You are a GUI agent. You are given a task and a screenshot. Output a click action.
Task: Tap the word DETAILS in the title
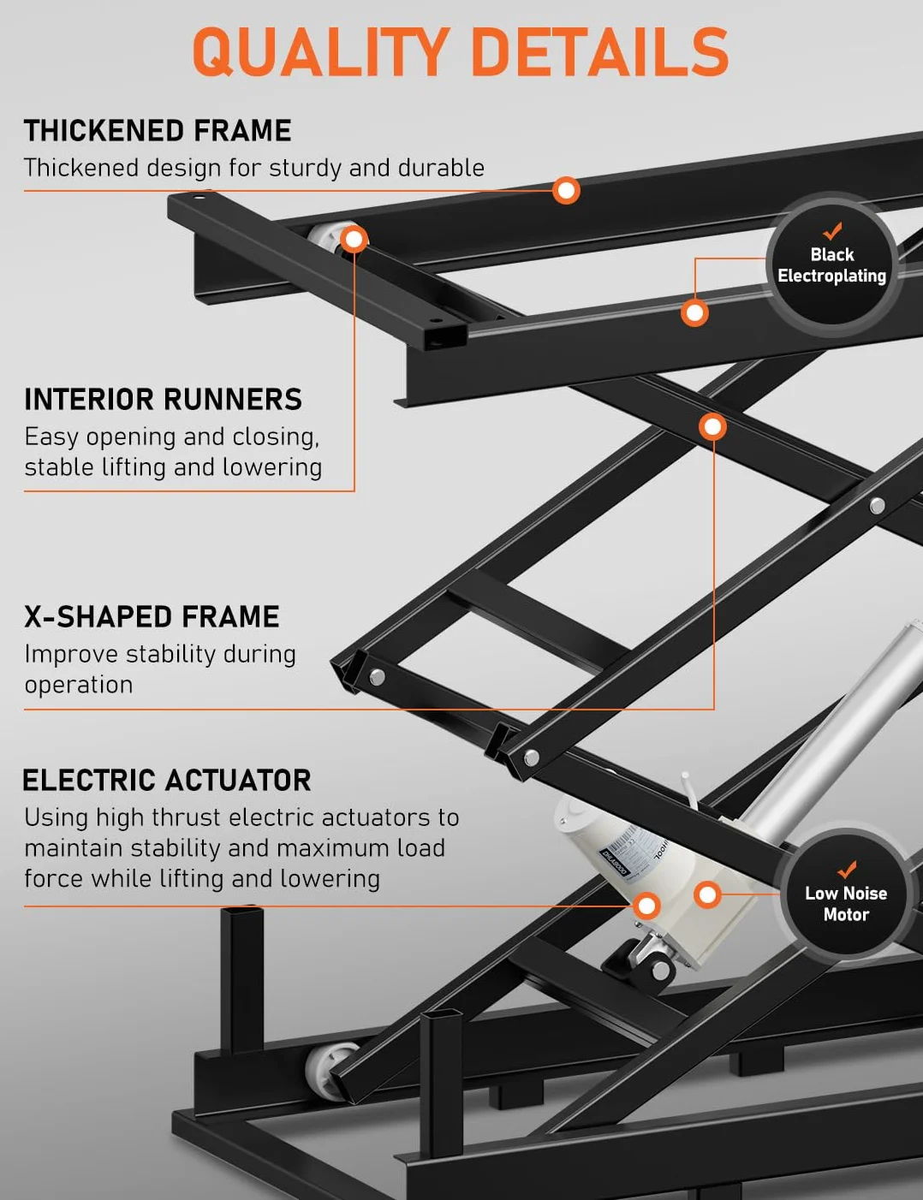click(x=601, y=51)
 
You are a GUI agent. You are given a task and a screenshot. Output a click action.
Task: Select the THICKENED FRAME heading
click(x=158, y=131)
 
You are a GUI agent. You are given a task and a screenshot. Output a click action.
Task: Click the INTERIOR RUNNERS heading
click(x=163, y=399)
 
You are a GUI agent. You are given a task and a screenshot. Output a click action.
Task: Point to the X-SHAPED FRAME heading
click(x=152, y=616)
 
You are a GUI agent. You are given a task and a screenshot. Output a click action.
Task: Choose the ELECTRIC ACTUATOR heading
click(x=167, y=781)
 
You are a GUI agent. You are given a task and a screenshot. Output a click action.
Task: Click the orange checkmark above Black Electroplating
click(x=832, y=230)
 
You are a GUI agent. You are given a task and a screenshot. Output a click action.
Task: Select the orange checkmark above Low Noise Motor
click(x=847, y=870)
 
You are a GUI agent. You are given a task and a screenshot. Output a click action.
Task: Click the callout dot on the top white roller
click(x=354, y=239)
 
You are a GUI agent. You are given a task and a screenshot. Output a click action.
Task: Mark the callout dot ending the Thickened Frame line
click(x=566, y=191)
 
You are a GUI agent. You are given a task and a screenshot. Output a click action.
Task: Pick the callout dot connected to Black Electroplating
click(x=694, y=313)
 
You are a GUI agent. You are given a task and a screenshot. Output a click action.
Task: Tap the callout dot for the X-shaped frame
click(x=712, y=427)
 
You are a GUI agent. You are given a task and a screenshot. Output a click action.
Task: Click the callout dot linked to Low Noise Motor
click(x=707, y=894)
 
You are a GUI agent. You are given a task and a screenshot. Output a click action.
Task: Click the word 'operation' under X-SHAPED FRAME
click(x=79, y=686)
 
